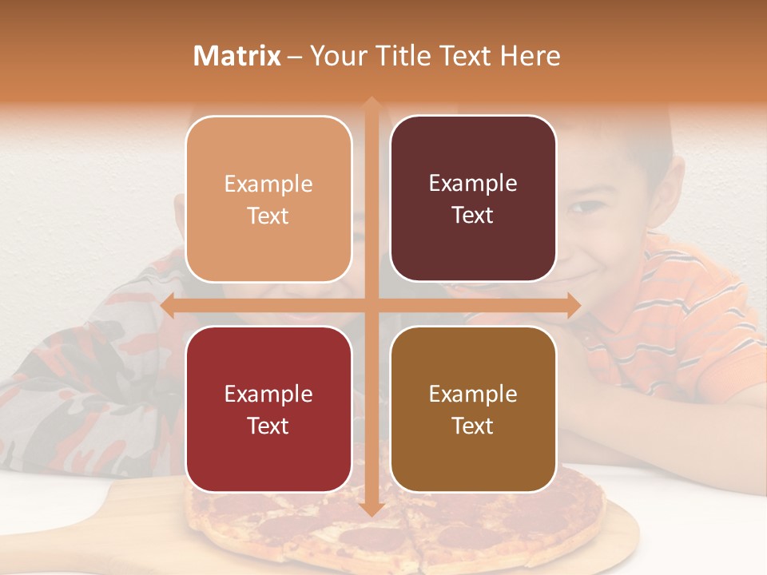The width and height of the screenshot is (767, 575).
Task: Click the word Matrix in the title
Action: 237,56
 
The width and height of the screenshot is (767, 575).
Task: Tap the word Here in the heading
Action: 530,56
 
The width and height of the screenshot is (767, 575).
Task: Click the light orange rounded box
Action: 268,199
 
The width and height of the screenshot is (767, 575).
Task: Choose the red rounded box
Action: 268,409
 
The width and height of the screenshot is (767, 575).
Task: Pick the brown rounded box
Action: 473,409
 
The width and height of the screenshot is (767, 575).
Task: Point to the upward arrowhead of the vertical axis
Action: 371,102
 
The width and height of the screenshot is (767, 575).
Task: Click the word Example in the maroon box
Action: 473,183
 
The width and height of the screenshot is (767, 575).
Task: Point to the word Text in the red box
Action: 268,426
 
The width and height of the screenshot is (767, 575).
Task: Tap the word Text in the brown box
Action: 473,426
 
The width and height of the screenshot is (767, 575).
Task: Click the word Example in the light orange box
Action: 268,184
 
